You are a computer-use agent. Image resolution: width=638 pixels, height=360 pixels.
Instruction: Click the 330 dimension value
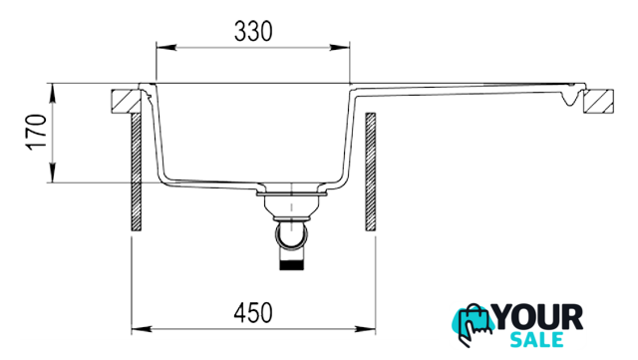coord(253,31)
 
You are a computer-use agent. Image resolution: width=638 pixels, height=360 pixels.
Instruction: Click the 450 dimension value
coord(253,313)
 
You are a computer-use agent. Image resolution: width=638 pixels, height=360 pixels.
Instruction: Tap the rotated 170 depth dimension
coord(37,133)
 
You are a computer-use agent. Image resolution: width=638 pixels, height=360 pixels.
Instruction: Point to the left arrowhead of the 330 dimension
coord(166,48)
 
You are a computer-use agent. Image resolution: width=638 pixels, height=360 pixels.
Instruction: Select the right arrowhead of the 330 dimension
coord(340,48)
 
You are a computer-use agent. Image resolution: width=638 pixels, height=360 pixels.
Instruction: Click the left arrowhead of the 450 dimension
coord(142,329)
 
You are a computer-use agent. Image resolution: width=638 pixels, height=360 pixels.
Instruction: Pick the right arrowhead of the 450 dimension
coord(366,329)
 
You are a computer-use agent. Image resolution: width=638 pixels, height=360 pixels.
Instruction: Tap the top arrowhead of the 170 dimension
coord(53,94)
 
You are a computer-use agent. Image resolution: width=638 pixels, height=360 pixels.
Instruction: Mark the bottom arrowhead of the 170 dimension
coord(53,173)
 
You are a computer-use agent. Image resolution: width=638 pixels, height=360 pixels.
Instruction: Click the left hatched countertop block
coord(127,101)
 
